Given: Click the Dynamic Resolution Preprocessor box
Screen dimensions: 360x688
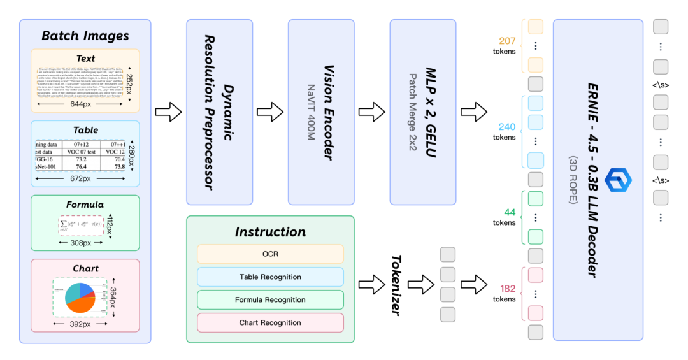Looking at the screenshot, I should click(x=219, y=112).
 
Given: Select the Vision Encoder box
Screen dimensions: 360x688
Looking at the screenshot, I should click(x=320, y=112).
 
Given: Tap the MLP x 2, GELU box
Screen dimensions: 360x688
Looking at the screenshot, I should click(x=422, y=112).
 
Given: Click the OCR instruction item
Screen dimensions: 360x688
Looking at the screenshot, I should click(x=270, y=254).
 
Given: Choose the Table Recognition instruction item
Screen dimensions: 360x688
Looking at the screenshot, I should click(x=270, y=277).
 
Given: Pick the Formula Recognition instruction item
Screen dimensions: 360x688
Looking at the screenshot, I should click(x=270, y=299).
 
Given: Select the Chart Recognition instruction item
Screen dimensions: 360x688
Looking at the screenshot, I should click(x=270, y=322).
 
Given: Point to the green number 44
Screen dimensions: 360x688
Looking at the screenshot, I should click(x=509, y=212).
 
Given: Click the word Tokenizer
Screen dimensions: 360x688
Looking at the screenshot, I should click(x=395, y=285).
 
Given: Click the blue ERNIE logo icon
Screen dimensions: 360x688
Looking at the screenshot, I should click(x=617, y=181).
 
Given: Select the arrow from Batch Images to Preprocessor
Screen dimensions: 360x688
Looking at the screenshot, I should click(x=168, y=113).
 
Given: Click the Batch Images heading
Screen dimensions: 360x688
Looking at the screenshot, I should click(x=85, y=36).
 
